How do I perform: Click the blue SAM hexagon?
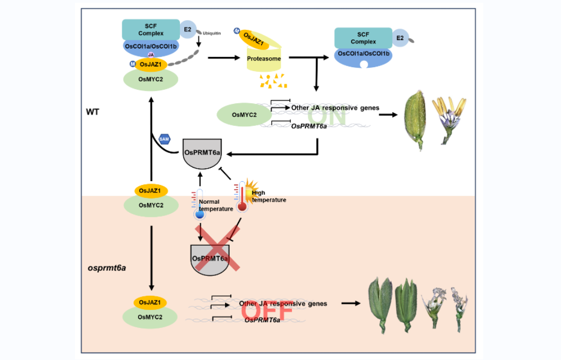pyautogui.click(x=165, y=139)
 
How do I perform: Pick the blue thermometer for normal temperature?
pyautogui.click(x=200, y=203)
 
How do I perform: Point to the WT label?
pyautogui.click(x=93, y=112)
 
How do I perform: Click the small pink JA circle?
pyautogui.click(x=151, y=55)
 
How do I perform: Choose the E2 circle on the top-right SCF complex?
pyautogui.click(x=401, y=38)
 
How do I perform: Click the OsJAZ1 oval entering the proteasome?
pyautogui.click(x=255, y=38)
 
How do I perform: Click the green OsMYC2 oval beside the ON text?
pyautogui.click(x=244, y=116)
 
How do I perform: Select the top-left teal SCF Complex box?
pyautogui.click(x=151, y=29)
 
